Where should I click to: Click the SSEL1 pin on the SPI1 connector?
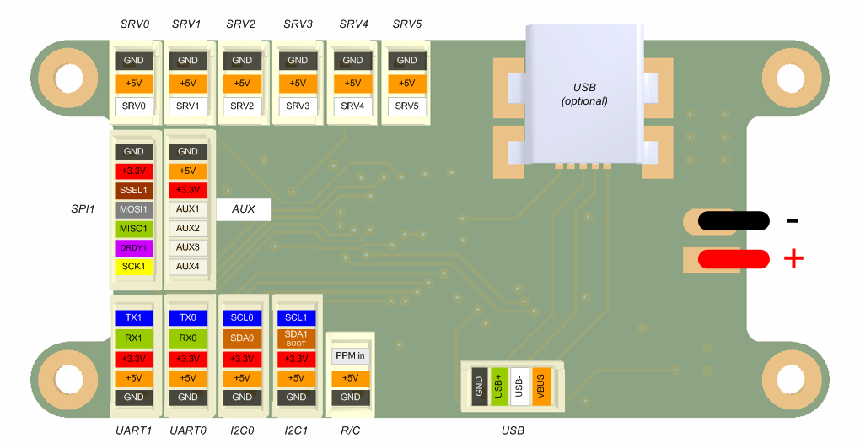(x=133, y=190)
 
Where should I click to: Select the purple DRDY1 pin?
(x=133, y=247)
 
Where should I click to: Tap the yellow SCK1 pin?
(x=133, y=266)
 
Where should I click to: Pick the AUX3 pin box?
(x=187, y=247)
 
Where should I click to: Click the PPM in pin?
(x=351, y=355)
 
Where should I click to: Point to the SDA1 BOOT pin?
(x=296, y=338)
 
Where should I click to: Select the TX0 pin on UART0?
(x=187, y=317)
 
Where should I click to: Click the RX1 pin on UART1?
(x=133, y=338)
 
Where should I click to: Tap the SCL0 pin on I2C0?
(x=242, y=317)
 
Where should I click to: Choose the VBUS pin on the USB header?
(x=541, y=387)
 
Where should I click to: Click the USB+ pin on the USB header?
(x=499, y=387)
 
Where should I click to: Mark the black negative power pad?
(x=734, y=220)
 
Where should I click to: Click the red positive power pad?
(x=734, y=259)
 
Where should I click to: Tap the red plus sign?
(x=793, y=258)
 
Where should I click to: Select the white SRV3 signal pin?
(x=298, y=106)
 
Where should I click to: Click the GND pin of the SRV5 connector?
(x=407, y=61)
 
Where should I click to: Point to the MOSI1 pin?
(x=133, y=209)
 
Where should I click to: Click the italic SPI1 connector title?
(x=83, y=209)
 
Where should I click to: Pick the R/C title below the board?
(x=351, y=430)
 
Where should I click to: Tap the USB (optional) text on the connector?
(x=584, y=94)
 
